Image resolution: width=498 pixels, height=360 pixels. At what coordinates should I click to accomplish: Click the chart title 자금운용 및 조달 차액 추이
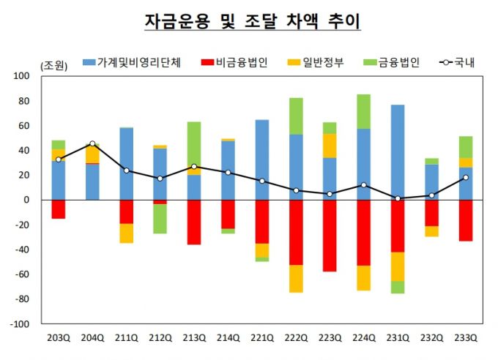point(252,22)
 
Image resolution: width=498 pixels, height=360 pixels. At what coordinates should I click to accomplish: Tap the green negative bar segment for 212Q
point(160,219)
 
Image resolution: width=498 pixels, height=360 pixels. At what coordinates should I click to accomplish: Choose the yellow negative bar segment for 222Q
point(296,279)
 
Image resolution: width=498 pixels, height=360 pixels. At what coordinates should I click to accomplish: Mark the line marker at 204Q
point(92,143)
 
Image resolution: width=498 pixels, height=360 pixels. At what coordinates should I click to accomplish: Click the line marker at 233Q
point(465,177)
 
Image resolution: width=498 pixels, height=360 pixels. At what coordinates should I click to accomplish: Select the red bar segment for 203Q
point(59,209)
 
